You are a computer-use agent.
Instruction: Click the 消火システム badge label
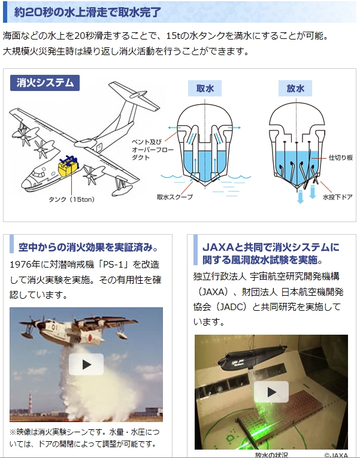click(x=45, y=83)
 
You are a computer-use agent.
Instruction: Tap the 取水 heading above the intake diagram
click(x=205, y=88)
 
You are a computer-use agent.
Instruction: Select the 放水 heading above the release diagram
click(x=295, y=88)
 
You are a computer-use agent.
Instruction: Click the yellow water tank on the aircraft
click(x=69, y=169)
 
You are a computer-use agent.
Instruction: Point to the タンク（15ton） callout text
click(x=72, y=199)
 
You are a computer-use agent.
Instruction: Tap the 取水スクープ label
click(x=175, y=197)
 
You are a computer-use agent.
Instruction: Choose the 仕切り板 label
click(x=341, y=157)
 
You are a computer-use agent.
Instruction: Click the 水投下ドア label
click(x=337, y=197)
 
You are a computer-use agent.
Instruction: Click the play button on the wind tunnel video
click(x=271, y=392)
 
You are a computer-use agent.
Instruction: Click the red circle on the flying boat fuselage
click(x=90, y=338)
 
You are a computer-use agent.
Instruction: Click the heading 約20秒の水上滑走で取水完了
click(x=87, y=12)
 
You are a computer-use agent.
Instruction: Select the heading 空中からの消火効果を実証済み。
click(x=88, y=247)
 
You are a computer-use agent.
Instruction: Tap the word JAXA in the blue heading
click(x=218, y=247)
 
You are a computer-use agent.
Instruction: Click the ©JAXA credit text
click(x=336, y=455)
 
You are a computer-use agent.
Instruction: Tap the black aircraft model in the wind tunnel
click(x=252, y=357)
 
